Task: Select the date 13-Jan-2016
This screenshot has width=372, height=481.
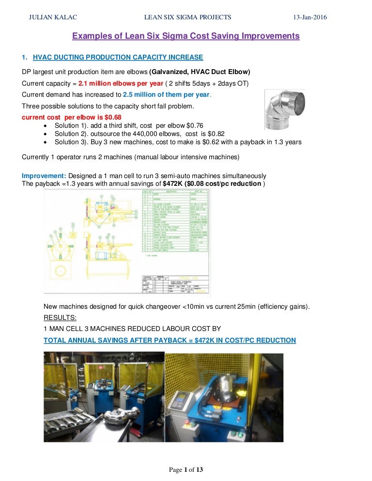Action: click(310, 17)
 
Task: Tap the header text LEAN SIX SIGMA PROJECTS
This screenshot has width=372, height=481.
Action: click(188, 17)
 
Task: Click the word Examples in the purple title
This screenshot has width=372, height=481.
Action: click(89, 36)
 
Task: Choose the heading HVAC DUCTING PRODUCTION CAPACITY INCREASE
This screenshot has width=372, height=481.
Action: click(118, 58)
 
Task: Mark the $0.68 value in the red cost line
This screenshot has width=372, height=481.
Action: click(112, 117)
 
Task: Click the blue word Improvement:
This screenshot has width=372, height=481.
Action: click(44, 175)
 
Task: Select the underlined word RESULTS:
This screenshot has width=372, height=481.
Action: click(60, 317)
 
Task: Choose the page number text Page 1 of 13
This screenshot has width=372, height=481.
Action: click(186, 470)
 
